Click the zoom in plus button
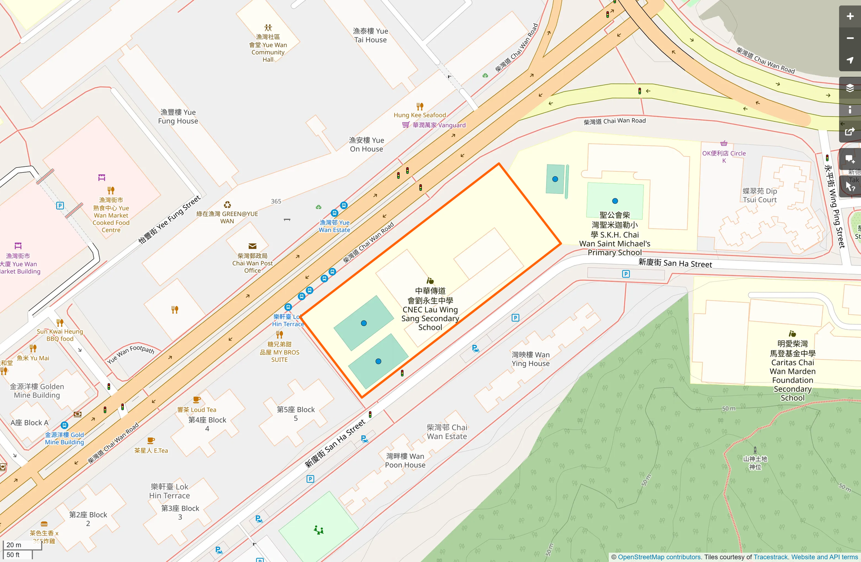850,16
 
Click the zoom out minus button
850,38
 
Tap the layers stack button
850,88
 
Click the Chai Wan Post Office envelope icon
252,246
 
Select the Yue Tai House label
370,36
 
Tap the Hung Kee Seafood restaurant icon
420,106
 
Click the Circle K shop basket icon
724,143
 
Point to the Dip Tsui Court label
760,196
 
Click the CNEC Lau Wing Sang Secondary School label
430,309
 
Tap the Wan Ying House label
531,359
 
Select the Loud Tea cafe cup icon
197,400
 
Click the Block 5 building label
296,414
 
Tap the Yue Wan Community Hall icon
268,28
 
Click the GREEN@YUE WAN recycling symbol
227,205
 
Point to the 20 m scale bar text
14,545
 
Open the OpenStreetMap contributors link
659,557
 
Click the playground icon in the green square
319,530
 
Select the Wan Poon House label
405,461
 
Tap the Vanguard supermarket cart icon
405,125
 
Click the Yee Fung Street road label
169,219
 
